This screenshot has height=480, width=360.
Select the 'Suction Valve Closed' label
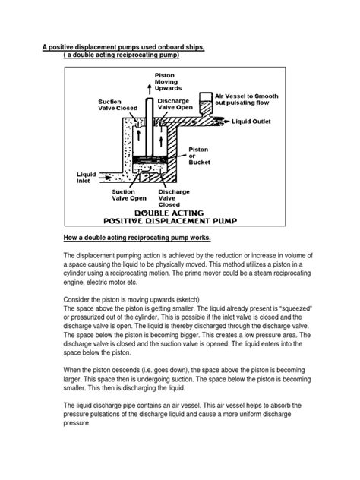(117, 104)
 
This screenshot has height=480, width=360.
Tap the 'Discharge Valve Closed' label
(169, 198)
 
